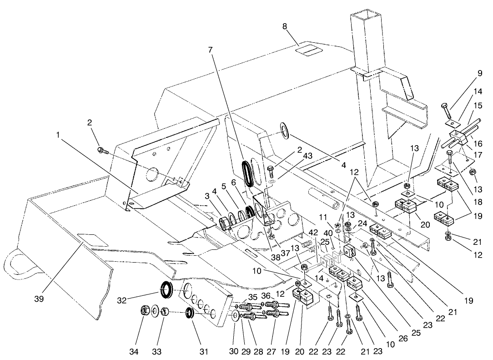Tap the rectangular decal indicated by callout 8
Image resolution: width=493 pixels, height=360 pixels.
307,50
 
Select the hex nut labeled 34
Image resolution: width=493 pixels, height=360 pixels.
144,311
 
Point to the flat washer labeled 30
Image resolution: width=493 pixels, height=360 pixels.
234,316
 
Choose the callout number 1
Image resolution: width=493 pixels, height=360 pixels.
58,135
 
